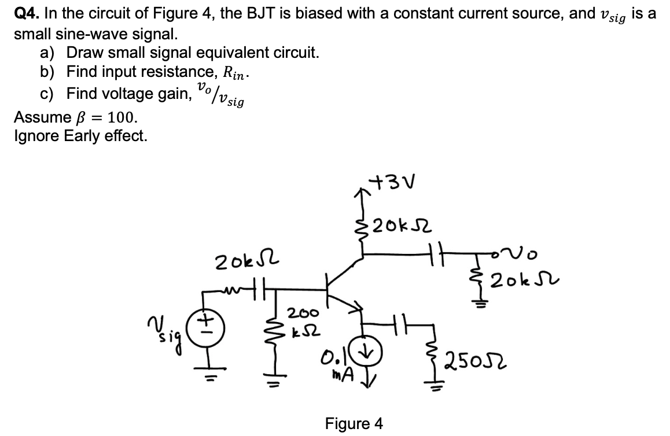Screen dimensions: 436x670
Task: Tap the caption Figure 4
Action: point(354,424)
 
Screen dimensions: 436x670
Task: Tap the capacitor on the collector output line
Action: point(438,253)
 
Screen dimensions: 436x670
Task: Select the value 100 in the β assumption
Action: point(122,118)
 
